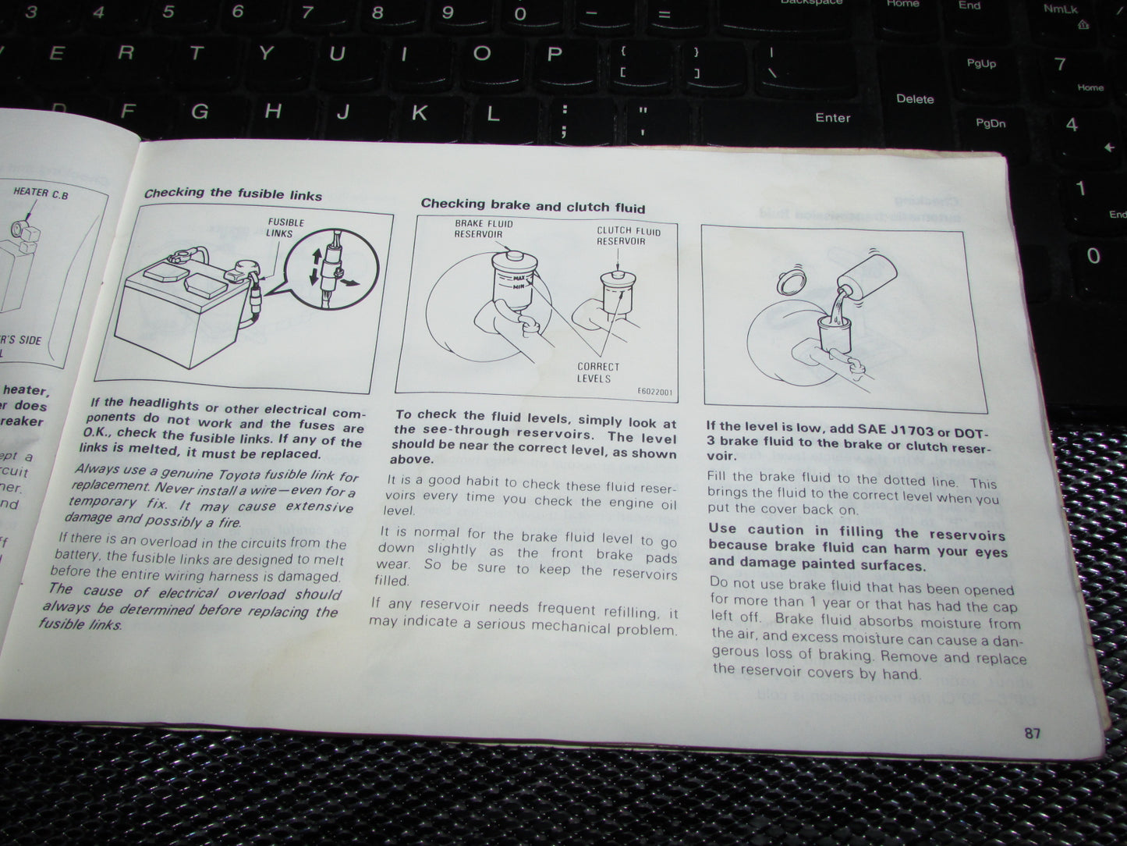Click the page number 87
pos(1032,733)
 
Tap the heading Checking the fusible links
pos(232,194)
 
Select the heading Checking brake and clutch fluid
pos(533,206)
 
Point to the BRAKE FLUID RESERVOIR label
pos(484,229)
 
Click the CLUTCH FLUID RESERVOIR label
pos(628,236)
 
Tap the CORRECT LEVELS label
pos(597,372)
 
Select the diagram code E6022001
pos(654,392)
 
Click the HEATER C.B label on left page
pos(41,192)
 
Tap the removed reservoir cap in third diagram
pos(792,280)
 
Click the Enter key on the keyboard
pos(832,118)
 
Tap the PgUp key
pos(980,63)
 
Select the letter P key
pos(554,55)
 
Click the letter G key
pos(200,112)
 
